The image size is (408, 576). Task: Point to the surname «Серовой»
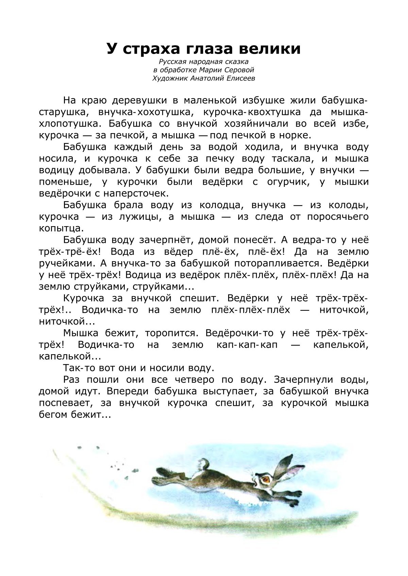click(238, 70)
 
